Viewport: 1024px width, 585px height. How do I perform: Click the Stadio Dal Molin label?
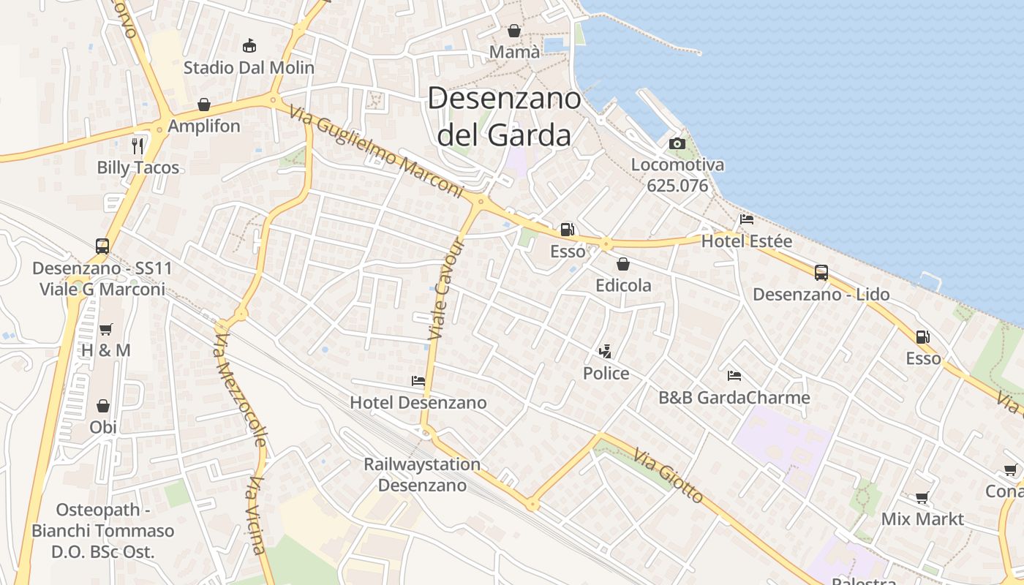249,68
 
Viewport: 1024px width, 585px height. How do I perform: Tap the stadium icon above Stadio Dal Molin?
249,45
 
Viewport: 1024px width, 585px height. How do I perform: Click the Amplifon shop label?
204,126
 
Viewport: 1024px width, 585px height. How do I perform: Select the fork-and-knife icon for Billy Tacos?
138,146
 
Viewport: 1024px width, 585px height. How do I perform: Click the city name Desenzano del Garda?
504,116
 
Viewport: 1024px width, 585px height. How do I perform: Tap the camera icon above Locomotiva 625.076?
677,143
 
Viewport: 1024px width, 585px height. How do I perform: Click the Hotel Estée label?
747,241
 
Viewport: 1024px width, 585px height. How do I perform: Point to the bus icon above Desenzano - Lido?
821,273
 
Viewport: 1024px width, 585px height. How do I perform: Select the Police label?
606,374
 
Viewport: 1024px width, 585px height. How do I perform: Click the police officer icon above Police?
605,352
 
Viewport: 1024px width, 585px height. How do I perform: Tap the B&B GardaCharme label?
734,398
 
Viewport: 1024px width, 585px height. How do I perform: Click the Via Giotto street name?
669,476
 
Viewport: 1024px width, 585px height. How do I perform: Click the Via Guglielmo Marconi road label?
377,152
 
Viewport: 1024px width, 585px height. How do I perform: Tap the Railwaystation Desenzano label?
422,475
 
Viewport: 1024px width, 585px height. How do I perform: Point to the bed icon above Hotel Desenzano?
418,381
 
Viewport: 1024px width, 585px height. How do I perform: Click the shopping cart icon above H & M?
106,329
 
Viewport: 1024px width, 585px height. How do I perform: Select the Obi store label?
103,427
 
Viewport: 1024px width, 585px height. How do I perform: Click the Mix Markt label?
922,519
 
